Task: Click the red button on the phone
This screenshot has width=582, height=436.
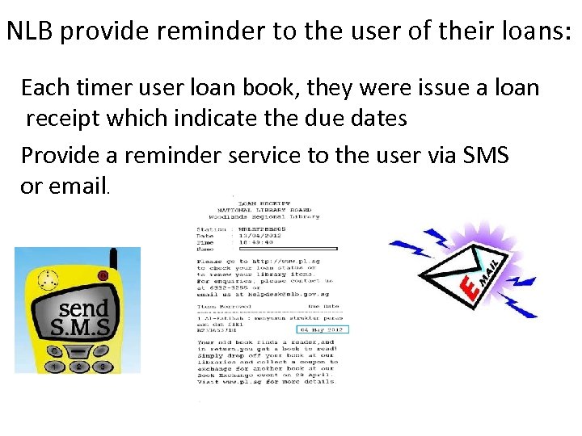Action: pyautogui.click(x=103, y=276)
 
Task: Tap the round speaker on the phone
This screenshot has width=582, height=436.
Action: pyautogui.click(x=49, y=280)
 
